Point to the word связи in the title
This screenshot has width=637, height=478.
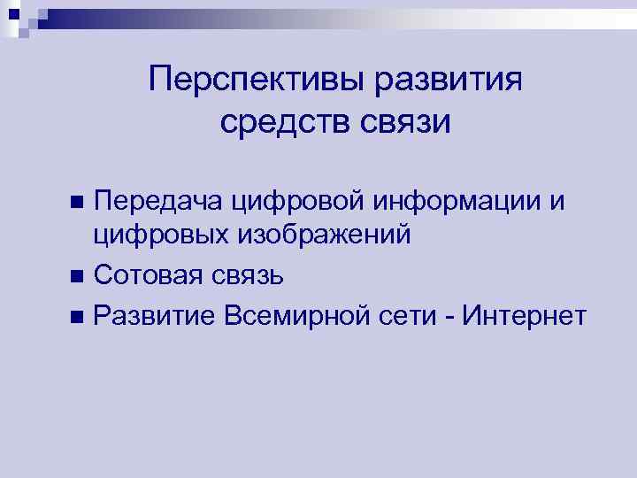point(406,121)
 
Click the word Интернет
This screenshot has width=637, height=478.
point(531,314)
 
